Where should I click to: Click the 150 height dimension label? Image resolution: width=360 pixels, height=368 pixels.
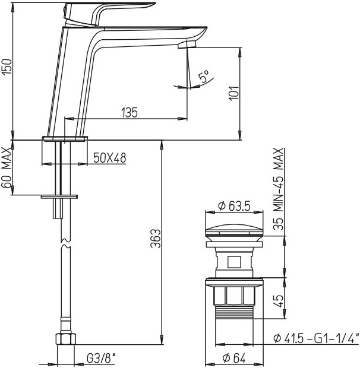(7, 67)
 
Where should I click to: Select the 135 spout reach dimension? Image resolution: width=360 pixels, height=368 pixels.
(130, 112)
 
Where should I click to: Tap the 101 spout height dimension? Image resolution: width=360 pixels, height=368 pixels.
(234, 93)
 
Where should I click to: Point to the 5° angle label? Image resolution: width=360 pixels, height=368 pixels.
(203, 76)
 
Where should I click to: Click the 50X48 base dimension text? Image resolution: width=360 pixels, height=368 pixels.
(110, 158)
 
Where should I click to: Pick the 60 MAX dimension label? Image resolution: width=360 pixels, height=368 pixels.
(7, 167)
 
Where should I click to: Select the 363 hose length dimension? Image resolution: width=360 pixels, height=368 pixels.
(156, 239)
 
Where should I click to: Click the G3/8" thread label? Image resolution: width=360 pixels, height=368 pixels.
(102, 358)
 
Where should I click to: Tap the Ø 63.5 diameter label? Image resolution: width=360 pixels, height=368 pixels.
(234, 206)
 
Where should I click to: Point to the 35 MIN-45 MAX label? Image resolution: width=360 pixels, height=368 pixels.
(279, 189)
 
